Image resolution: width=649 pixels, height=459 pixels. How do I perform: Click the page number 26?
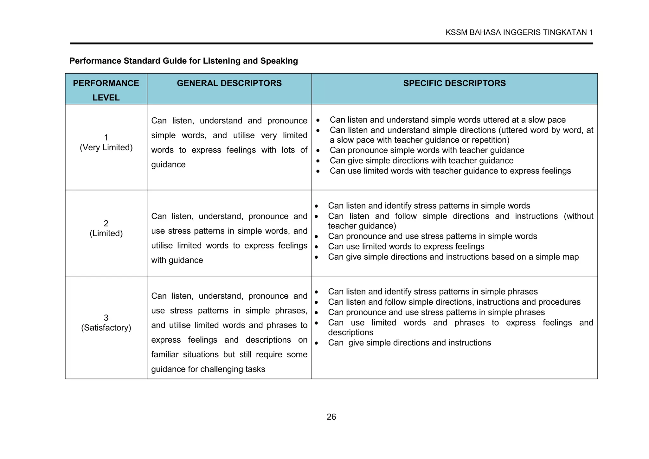click(331, 417)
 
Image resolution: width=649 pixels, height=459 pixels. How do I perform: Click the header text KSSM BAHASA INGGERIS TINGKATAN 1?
click(519, 32)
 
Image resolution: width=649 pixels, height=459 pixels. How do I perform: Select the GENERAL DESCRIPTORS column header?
click(229, 83)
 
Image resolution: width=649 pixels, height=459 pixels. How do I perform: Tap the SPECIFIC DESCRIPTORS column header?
click(454, 83)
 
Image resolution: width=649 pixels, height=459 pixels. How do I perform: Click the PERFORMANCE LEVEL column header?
click(106, 90)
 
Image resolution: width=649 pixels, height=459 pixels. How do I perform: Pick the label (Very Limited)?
click(106, 147)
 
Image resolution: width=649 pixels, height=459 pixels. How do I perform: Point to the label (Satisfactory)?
click(106, 328)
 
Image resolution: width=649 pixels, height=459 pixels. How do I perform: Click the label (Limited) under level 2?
click(106, 233)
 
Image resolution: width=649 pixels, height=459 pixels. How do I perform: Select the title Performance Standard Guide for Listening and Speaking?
click(183, 61)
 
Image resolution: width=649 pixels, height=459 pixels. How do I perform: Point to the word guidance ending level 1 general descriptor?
click(168, 165)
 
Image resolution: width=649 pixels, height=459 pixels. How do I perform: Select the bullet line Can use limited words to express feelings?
click(406, 246)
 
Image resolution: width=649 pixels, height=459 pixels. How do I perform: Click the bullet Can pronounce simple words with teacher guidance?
click(427, 150)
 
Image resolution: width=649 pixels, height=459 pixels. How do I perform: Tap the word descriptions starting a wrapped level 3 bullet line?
click(350, 333)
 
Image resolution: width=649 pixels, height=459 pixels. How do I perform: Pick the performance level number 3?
click(106, 318)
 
